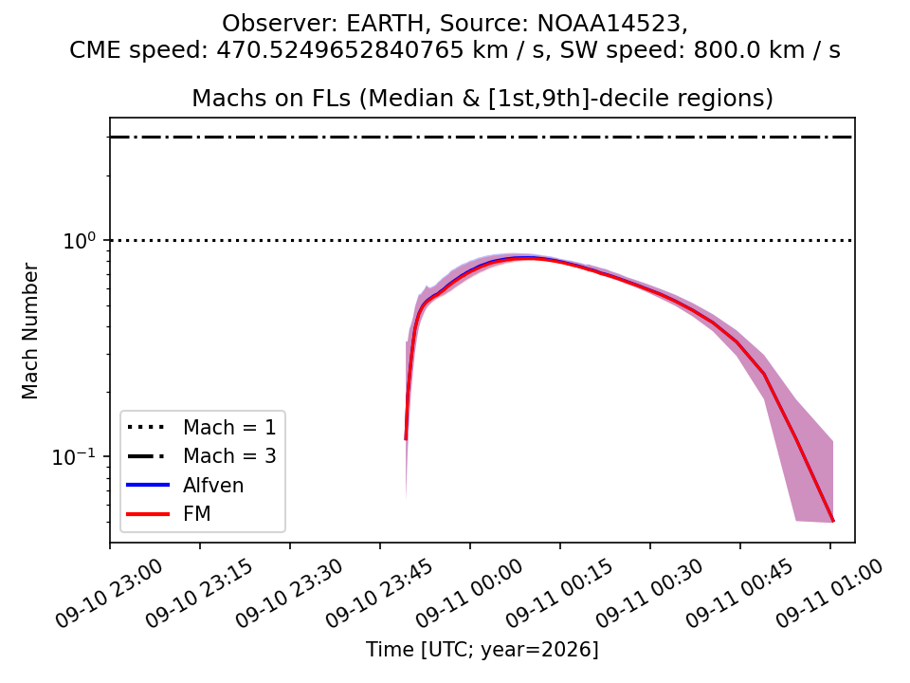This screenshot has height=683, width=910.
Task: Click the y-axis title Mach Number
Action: pos(29,331)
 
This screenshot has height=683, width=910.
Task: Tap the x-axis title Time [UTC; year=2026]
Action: pos(482,649)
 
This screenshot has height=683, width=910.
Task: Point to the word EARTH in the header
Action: pos(386,24)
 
